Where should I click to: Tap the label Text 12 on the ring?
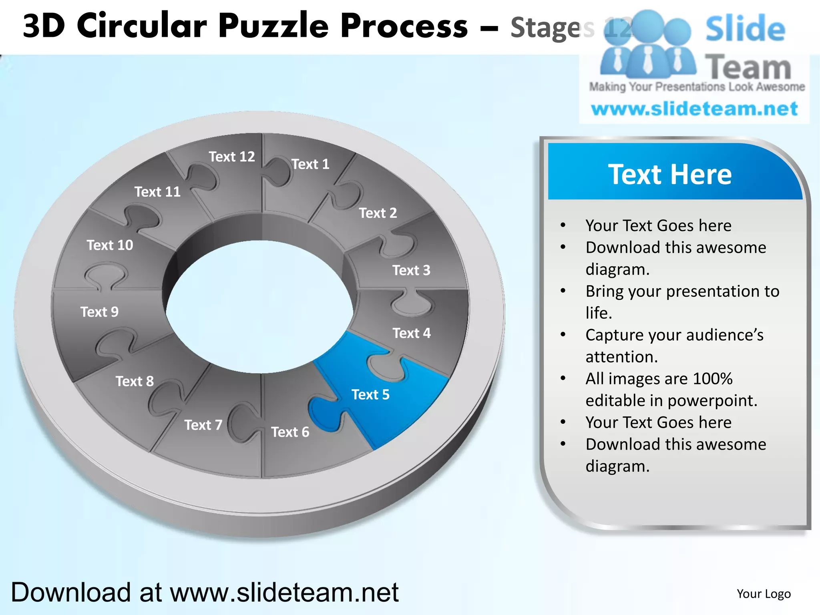(231, 157)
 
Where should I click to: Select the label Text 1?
(310, 164)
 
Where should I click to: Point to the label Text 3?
(411, 270)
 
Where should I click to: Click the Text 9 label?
(99, 312)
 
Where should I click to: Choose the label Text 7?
(203, 425)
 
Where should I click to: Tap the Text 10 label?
(110, 245)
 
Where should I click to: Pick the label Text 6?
(290, 432)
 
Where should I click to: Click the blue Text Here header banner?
(670, 175)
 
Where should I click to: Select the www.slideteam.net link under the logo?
(694, 109)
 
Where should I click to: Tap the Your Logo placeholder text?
(764, 594)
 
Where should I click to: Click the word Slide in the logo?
(745, 29)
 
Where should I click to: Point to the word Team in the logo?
(748, 67)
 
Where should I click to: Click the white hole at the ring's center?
(259, 306)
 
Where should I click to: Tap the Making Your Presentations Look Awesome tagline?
(697, 87)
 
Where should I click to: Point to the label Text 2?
(378, 213)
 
